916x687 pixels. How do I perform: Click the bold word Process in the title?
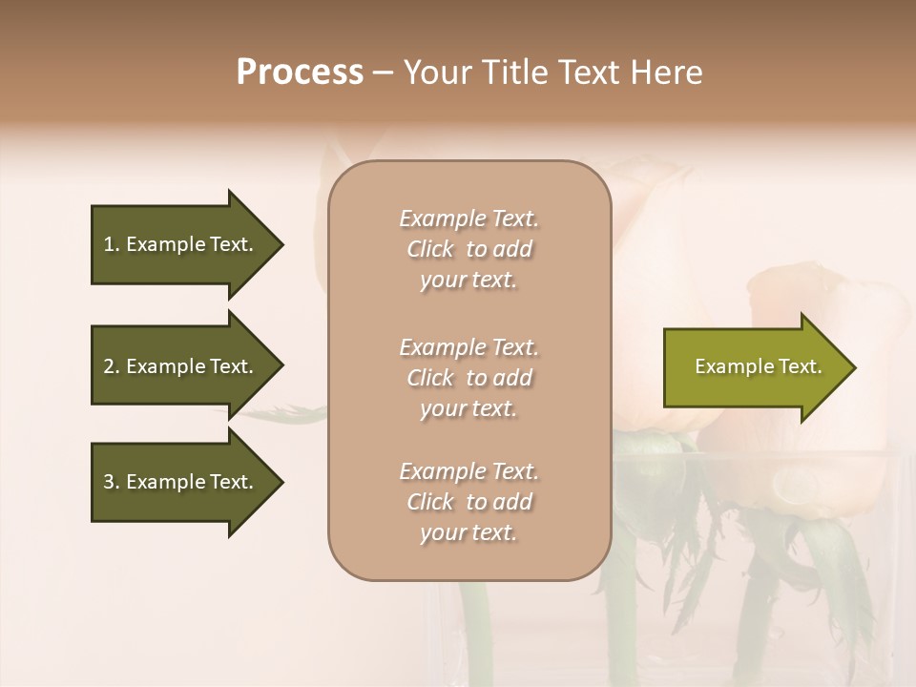tap(300, 73)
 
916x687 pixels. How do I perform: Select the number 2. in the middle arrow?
tap(111, 366)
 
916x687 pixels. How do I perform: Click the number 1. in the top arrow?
tap(111, 244)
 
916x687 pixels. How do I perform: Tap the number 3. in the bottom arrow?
tap(111, 482)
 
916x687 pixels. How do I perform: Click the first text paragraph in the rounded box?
tap(468, 249)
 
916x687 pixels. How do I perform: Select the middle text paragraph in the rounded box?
tap(468, 378)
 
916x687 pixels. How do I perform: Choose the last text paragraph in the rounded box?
tap(468, 502)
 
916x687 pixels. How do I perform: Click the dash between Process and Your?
tap(383, 73)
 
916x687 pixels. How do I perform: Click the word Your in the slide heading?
tap(436, 73)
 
